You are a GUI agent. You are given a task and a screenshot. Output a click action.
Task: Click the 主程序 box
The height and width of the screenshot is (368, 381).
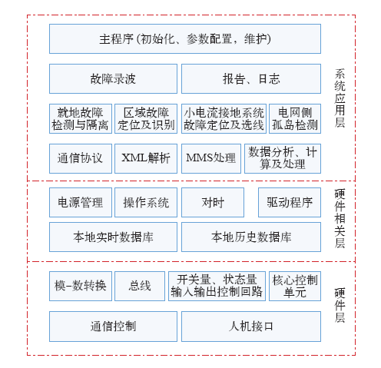(185, 39)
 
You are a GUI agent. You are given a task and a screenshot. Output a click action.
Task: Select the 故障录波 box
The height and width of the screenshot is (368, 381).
(113, 78)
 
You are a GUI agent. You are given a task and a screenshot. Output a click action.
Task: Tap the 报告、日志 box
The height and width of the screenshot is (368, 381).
(251, 78)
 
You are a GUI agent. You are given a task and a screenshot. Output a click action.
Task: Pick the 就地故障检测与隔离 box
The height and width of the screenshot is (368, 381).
(81, 118)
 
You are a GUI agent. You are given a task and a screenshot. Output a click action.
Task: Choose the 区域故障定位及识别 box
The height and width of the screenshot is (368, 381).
(146, 118)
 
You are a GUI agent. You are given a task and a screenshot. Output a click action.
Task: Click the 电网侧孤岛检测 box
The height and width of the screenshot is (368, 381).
(295, 118)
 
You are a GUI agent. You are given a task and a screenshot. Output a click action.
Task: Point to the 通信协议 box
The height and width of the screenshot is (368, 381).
(81, 158)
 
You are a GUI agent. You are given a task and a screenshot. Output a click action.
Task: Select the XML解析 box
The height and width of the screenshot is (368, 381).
(146, 158)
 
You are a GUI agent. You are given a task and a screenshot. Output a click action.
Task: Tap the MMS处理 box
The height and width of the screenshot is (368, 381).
(211, 158)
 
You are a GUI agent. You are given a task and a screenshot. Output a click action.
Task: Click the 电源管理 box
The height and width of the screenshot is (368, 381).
(81, 202)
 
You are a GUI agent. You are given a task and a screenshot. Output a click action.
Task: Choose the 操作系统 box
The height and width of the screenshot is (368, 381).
(146, 202)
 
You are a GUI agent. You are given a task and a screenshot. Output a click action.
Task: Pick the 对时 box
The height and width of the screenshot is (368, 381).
(213, 202)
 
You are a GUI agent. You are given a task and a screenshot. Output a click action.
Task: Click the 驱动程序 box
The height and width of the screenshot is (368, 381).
(290, 202)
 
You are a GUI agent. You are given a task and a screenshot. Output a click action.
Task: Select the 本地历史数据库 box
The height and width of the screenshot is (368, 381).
(251, 237)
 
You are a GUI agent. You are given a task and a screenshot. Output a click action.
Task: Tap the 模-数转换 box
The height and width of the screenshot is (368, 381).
(81, 286)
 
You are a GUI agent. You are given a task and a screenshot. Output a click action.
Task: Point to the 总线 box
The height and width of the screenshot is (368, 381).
(140, 286)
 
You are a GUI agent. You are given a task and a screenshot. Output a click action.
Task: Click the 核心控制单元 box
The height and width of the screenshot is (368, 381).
(295, 286)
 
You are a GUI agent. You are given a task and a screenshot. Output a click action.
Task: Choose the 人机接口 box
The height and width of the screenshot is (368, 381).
(251, 327)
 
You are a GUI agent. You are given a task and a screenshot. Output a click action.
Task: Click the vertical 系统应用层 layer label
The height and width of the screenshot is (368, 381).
(340, 98)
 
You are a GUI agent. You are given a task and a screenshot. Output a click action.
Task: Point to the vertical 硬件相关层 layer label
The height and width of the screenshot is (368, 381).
(340, 218)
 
